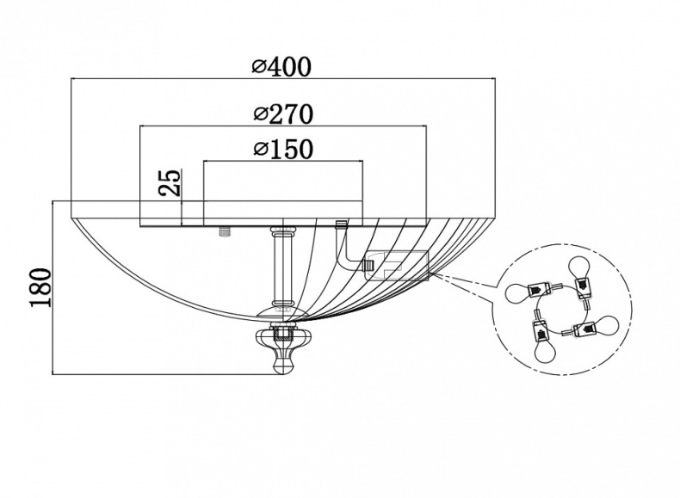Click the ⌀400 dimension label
(x=281, y=66)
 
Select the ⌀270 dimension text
(x=283, y=114)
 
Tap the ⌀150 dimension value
(x=283, y=150)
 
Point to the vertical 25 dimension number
(x=170, y=183)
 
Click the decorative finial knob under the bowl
(x=281, y=353)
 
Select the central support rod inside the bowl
(x=281, y=267)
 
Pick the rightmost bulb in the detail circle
(x=608, y=325)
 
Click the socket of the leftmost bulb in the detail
(x=543, y=290)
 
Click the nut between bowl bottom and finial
(x=281, y=329)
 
